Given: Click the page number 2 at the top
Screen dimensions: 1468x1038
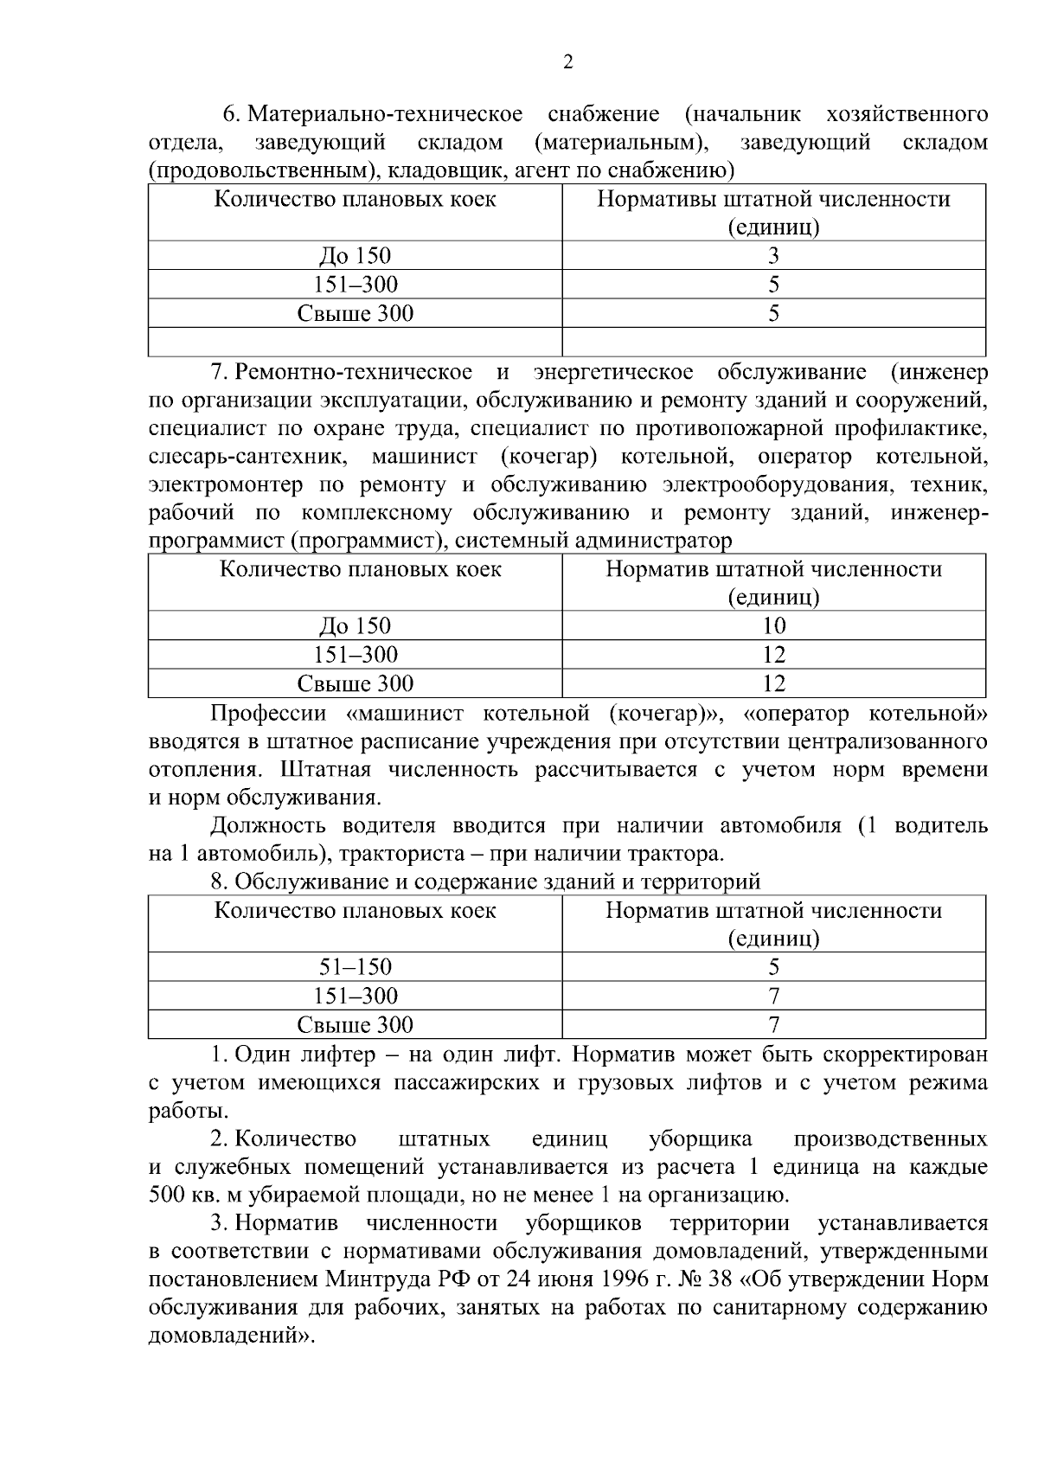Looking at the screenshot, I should pos(567,62).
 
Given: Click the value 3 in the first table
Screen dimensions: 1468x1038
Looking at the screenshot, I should pos(773,255).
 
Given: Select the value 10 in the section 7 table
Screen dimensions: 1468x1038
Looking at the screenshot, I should pos(773,625).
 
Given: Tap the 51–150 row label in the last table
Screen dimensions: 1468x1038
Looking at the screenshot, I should pos(355,966).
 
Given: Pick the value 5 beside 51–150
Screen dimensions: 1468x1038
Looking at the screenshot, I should pos(773,966).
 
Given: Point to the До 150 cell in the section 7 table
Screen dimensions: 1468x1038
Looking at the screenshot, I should pos(355,625).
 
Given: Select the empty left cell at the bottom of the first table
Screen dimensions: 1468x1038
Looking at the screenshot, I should pos(355,342).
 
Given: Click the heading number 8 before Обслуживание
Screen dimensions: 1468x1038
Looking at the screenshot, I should pos(219,881).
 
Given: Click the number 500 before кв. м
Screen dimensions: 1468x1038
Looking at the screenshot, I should pos(167,1196).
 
